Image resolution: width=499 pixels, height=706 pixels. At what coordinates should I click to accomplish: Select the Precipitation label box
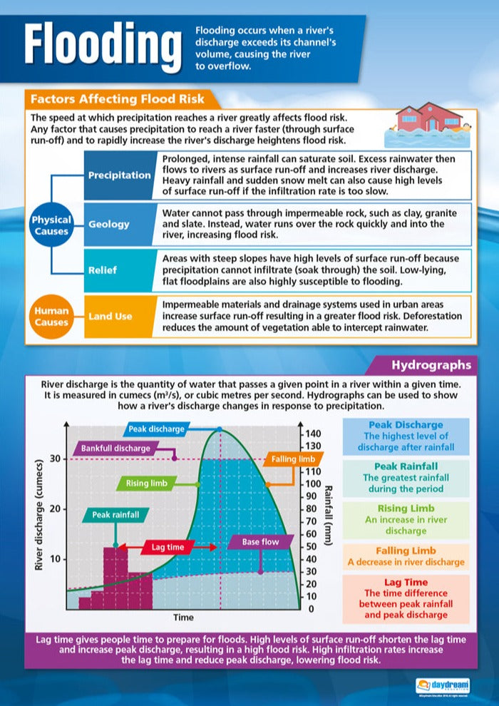tap(119, 175)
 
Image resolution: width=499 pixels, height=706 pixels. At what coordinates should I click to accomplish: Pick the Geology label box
tap(109, 224)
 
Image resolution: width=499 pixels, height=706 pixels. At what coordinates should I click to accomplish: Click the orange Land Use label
tap(110, 315)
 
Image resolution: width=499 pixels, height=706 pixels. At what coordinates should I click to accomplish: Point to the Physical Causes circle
tap(51, 225)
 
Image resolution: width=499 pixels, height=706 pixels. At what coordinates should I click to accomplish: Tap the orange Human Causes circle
tap(51, 316)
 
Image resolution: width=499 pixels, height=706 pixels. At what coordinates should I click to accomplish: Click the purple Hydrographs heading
tap(431, 365)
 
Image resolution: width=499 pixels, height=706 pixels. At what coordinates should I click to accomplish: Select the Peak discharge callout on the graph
tap(156, 429)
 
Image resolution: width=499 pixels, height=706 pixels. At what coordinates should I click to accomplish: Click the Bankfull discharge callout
tap(115, 449)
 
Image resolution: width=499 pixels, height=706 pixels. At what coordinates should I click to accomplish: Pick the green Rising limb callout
tap(147, 484)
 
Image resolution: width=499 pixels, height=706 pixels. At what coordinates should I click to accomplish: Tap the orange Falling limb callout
tap(292, 460)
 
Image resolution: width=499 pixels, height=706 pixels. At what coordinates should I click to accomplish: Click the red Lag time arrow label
tap(168, 547)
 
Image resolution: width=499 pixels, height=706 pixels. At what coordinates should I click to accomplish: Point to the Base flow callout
tap(260, 542)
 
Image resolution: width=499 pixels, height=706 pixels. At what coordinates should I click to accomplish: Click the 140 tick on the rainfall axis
tap(313, 434)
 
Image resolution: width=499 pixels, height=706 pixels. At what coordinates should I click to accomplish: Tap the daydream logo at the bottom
tap(443, 685)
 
